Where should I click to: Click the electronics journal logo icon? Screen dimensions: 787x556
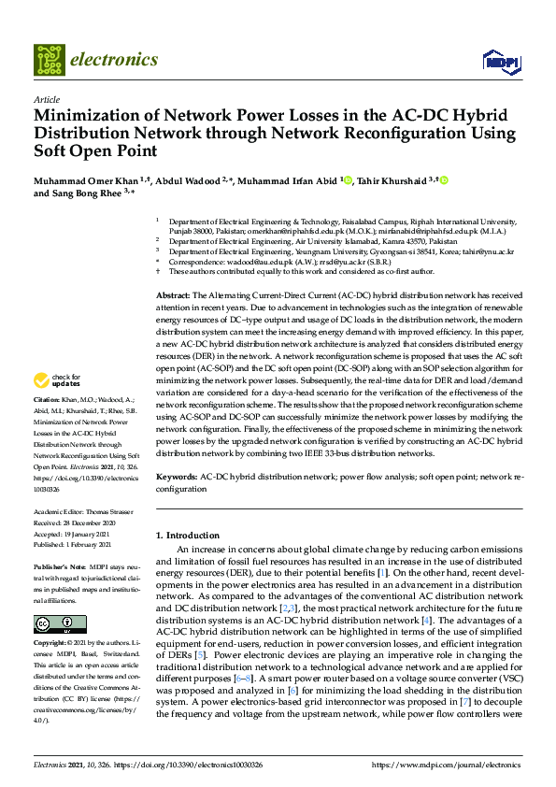point(50,59)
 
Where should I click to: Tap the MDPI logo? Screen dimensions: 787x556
point(500,61)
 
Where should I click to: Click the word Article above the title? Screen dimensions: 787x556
point(46,99)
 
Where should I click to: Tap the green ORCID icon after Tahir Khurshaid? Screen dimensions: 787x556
point(445,180)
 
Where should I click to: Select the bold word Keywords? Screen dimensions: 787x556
point(178,477)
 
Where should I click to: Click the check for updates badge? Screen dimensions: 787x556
point(58,381)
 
